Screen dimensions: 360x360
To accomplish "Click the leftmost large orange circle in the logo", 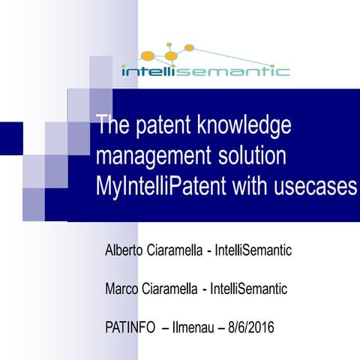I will click(148, 55).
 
